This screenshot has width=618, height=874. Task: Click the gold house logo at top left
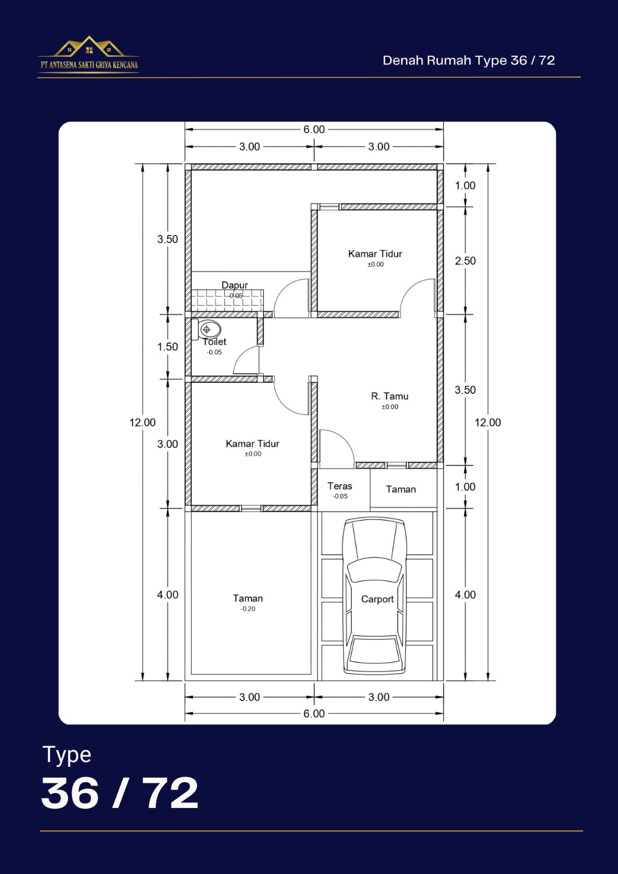pyautogui.click(x=89, y=46)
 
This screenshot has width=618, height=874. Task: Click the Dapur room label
pyautogui.click(x=234, y=285)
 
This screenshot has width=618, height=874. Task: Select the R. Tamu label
pyautogui.click(x=390, y=396)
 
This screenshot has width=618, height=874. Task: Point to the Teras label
pyautogui.click(x=340, y=486)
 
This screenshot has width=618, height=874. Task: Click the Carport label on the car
pyautogui.click(x=377, y=599)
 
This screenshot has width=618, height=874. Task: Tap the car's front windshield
pyautogui.click(x=374, y=570)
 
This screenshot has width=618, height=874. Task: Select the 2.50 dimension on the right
pyautogui.click(x=465, y=261)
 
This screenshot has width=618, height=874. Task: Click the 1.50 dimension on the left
pyautogui.click(x=168, y=346)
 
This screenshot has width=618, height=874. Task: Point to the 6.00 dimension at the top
pyautogui.click(x=314, y=129)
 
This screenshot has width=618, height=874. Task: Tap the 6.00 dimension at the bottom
pyautogui.click(x=314, y=713)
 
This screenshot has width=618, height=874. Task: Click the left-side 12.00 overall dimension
pyautogui.click(x=143, y=422)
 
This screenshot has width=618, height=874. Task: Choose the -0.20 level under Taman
pyautogui.click(x=248, y=609)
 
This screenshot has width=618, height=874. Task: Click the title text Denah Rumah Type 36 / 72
pyautogui.click(x=468, y=61)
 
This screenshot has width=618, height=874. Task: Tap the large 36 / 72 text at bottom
pyautogui.click(x=120, y=793)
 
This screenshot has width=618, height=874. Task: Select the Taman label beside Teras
pyautogui.click(x=401, y=489)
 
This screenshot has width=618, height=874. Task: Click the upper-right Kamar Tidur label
pyautogui.click(x=375, y=253)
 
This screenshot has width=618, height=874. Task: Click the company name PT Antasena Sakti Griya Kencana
pyautogui.click(x=90, y=65)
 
